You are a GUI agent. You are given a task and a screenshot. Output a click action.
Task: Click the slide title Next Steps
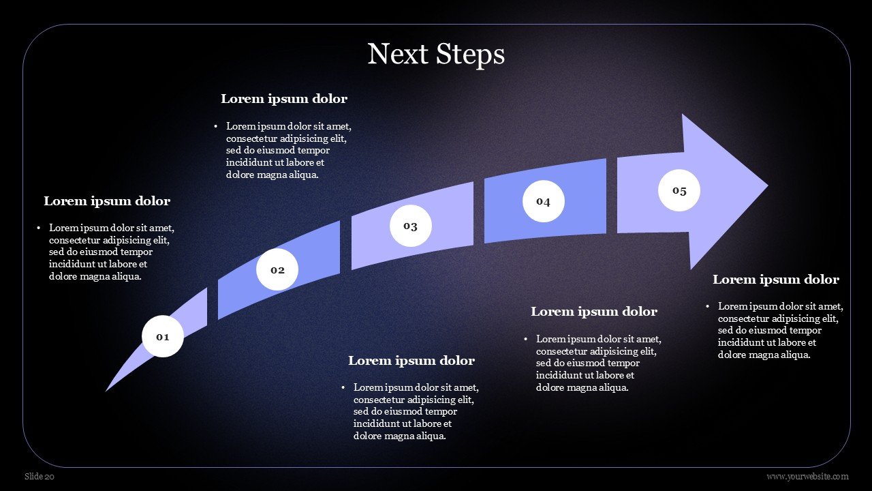point(436,54)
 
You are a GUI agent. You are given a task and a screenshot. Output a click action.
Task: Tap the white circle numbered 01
point(163,336)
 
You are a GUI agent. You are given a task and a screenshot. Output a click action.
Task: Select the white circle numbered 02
point(277,269)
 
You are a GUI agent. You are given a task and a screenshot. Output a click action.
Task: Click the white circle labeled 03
point(410,226)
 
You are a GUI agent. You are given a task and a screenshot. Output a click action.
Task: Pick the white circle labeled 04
point(543,201)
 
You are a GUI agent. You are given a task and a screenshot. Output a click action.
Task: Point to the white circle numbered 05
point(679,190)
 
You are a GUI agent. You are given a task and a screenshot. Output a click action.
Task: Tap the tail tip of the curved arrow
point(108,389)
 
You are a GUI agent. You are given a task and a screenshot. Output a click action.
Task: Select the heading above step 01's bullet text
point(107,201)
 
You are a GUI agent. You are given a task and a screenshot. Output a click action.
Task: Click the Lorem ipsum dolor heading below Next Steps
point(284,99)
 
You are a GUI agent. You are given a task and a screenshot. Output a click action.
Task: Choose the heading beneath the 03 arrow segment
point(411,361)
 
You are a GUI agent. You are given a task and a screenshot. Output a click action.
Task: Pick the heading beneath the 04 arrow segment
point(593,312)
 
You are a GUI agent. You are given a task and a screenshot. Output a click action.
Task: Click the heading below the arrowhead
point(775,280)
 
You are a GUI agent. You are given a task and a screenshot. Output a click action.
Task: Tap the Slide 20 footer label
point(40,477)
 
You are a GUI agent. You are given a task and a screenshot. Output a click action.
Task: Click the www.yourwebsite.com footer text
point(807,477)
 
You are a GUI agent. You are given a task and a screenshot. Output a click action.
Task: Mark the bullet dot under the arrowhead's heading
point(708,307)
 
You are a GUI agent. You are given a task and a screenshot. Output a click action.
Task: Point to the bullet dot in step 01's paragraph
point(40,228)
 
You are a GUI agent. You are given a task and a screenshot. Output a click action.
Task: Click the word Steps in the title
point(471,54)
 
